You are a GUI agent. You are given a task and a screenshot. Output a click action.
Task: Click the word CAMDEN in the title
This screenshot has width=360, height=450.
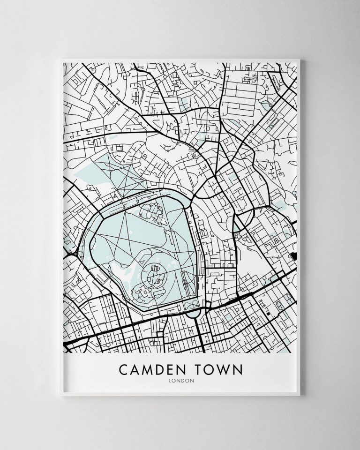[153, 369]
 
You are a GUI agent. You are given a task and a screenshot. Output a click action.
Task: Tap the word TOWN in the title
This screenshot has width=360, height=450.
[219, 369]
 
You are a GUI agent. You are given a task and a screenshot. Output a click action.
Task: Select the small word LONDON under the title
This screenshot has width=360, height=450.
[180, 381]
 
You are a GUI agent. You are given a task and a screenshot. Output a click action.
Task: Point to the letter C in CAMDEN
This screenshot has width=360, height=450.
[124, 369]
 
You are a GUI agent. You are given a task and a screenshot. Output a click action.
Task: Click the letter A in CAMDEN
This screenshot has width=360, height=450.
[135, 369]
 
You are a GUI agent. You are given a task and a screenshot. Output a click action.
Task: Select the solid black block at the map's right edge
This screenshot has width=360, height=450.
[294, 255]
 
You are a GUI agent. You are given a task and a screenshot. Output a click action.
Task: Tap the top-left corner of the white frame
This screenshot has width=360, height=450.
[62, 60]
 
